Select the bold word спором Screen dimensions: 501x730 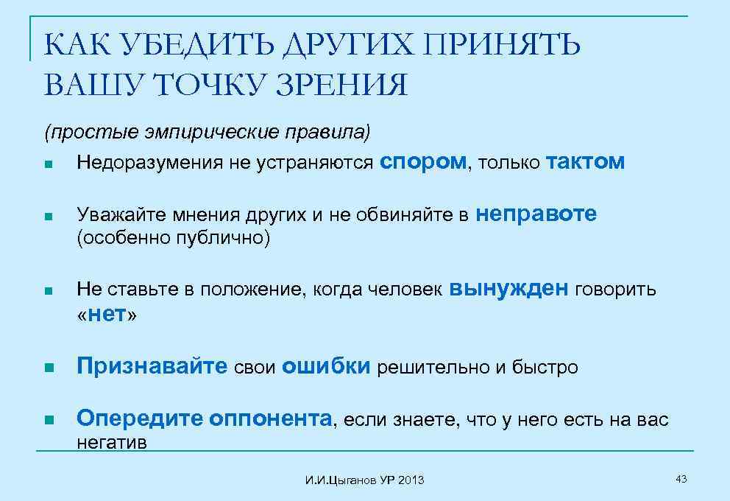(x=423, y=162)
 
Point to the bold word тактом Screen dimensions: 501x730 (x=586, y=162)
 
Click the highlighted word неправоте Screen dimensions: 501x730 (x=536, y=214)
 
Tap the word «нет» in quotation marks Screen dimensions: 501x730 (x=107, y=315)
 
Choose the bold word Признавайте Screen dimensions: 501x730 (x=152, y=367)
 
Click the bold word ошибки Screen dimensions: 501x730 (x=326, y=367)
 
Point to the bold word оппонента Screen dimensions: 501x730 (x=271, y=419)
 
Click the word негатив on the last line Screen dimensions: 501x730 (x=112, y=443)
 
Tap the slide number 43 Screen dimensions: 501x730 (x=681, y=480)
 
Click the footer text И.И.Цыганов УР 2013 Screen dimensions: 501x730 (x=364, y=480)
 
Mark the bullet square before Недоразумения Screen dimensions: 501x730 (x=48, y=164)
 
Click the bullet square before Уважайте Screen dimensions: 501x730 (x=48, y=217)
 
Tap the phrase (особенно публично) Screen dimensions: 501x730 (x=174, y=238)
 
